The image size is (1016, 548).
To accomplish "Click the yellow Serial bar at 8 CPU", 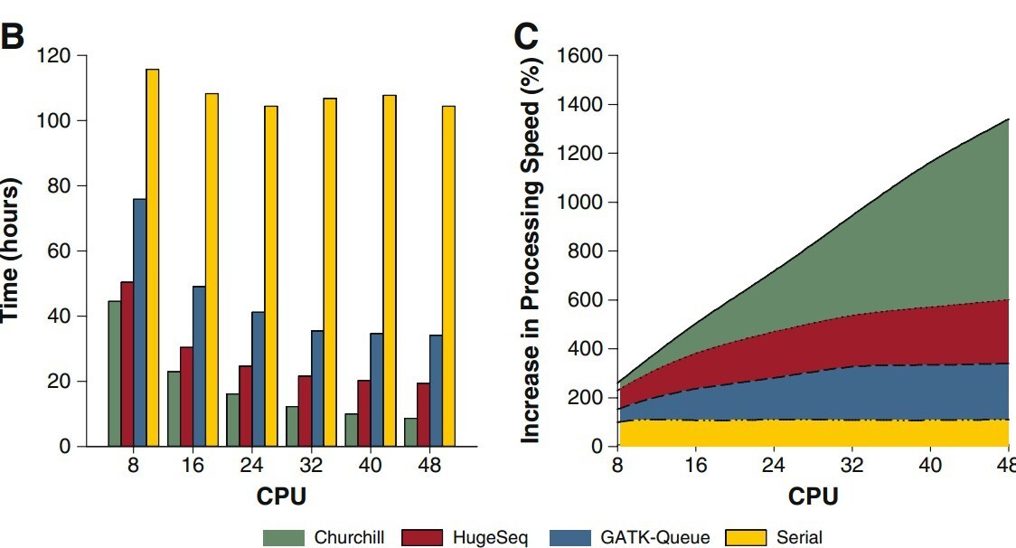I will coord(152,258).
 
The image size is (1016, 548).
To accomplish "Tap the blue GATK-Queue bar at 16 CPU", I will coord(199,366).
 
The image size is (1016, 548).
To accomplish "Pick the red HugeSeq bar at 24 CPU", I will coord(245,406).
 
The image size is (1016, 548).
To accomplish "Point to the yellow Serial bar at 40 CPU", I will coord(389,270).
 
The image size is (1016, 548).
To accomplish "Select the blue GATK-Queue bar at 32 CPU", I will coord(317,388).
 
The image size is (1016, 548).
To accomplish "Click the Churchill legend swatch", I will coord(284,538).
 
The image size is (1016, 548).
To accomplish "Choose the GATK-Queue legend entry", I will coord(655,538).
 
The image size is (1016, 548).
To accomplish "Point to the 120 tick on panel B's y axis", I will coord(53,56).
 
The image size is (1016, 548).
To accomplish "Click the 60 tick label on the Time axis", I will coord(59,251).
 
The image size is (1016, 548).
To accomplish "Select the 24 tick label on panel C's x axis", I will coord(774,466).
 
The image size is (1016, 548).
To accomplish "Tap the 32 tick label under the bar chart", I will coord(310,466).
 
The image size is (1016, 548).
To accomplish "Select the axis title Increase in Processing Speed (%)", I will coord(532,249).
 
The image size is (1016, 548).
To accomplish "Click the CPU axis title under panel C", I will coord(813,496).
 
